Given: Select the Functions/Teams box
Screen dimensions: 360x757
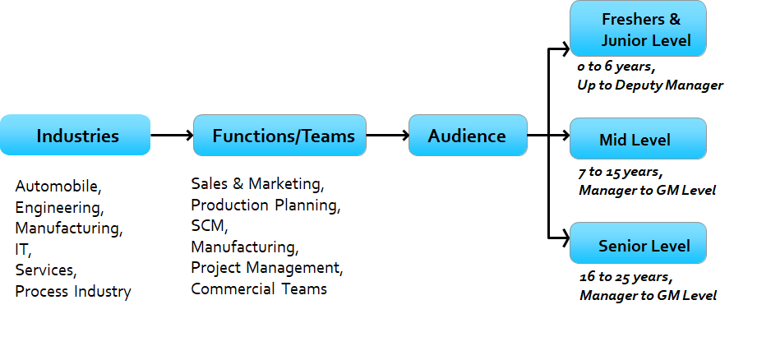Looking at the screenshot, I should coord(279,136).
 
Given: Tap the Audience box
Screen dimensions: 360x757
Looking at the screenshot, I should coord(468,136).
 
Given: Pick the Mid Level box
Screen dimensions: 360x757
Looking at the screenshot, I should coord(638,139).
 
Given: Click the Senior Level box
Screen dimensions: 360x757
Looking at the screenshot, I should coord(638,244).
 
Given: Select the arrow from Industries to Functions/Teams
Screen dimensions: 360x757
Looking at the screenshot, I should coord(172,136).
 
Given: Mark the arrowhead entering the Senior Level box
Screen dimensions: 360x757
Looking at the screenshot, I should coord(565,239).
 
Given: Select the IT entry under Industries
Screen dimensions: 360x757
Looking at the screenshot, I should coord(22,249).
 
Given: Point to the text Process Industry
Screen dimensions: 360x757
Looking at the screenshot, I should coord(73,291).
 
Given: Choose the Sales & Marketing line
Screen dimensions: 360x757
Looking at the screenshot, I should coord(257,182).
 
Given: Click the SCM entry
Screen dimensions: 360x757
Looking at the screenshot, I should coord(208,224).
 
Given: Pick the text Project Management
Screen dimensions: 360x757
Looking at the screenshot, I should coord(267,268).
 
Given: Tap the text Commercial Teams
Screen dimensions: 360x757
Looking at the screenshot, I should coord(259,288).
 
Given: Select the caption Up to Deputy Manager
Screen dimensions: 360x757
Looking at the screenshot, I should coord(649,85).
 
